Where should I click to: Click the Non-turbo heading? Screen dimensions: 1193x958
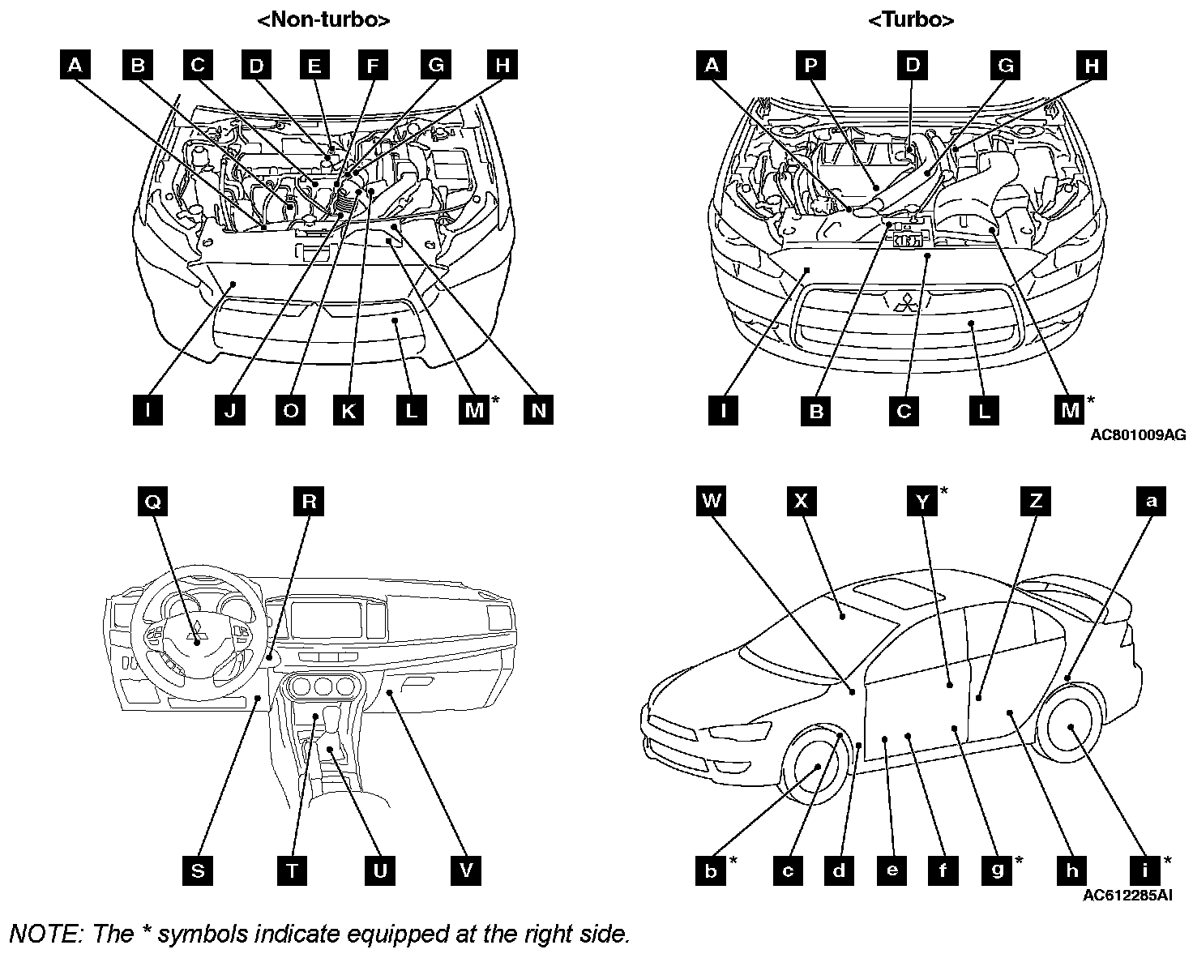coord(323,20)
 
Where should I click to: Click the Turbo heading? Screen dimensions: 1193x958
coord(911,20)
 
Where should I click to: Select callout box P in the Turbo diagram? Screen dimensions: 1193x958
coord(810,65)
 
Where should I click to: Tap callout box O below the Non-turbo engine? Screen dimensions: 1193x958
coord(290,410)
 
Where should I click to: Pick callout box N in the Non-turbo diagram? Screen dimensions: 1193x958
coord(539,410)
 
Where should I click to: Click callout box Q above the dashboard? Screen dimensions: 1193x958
coord(152,502)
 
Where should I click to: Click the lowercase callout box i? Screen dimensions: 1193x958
coord(1144,870)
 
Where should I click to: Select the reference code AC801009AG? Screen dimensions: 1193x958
coord(1138,435)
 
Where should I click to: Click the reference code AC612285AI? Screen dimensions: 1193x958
coord(1127,896)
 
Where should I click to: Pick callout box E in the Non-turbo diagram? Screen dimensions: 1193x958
coord(314,65)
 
